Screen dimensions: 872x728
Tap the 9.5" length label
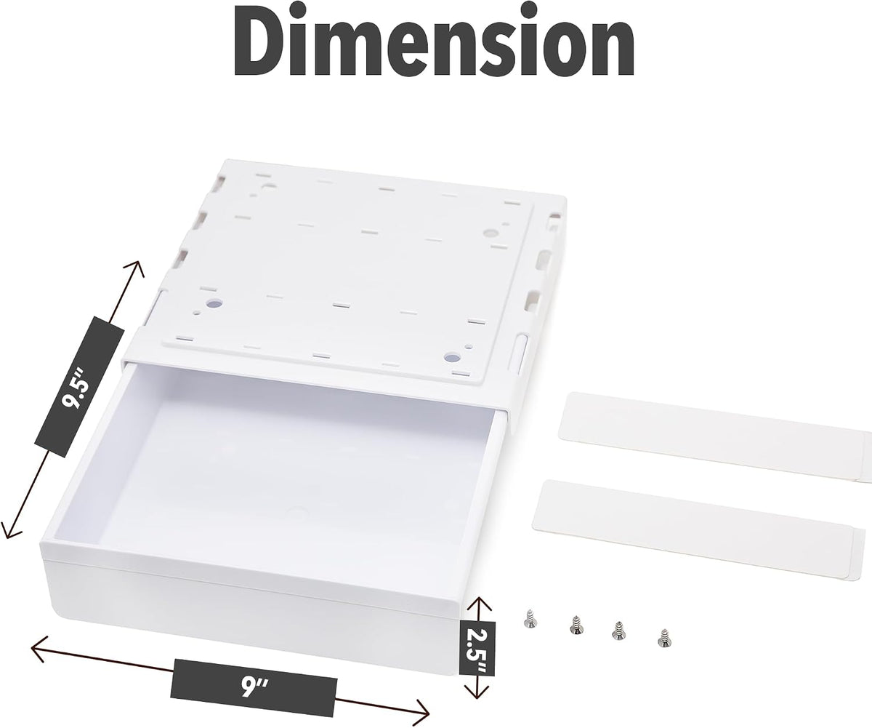pos(80,387)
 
